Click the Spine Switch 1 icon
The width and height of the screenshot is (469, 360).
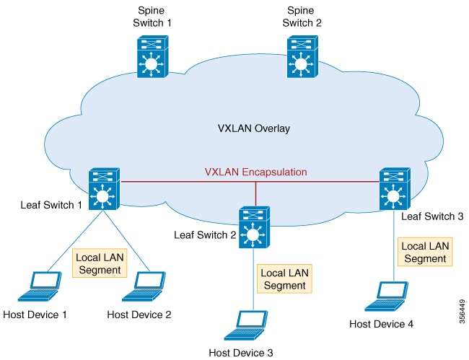(x=152, y=57)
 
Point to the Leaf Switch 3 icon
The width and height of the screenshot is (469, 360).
(x=393, y=188)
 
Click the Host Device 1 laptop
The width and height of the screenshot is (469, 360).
(x=42, y=287)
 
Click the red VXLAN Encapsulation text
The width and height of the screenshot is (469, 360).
(x=255, y=172)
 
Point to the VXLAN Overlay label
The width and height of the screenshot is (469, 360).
(x=253, y=130)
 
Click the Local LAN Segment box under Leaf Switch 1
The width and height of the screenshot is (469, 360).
(x=100, y=263)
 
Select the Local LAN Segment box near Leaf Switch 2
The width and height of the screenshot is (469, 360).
(x=285, y=279)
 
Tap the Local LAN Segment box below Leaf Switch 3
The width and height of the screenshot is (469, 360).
(x=424, y=252)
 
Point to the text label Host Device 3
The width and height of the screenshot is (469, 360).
(x=241, y=353)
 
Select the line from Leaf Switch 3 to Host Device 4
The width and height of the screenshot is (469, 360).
(x=394, y=245)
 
